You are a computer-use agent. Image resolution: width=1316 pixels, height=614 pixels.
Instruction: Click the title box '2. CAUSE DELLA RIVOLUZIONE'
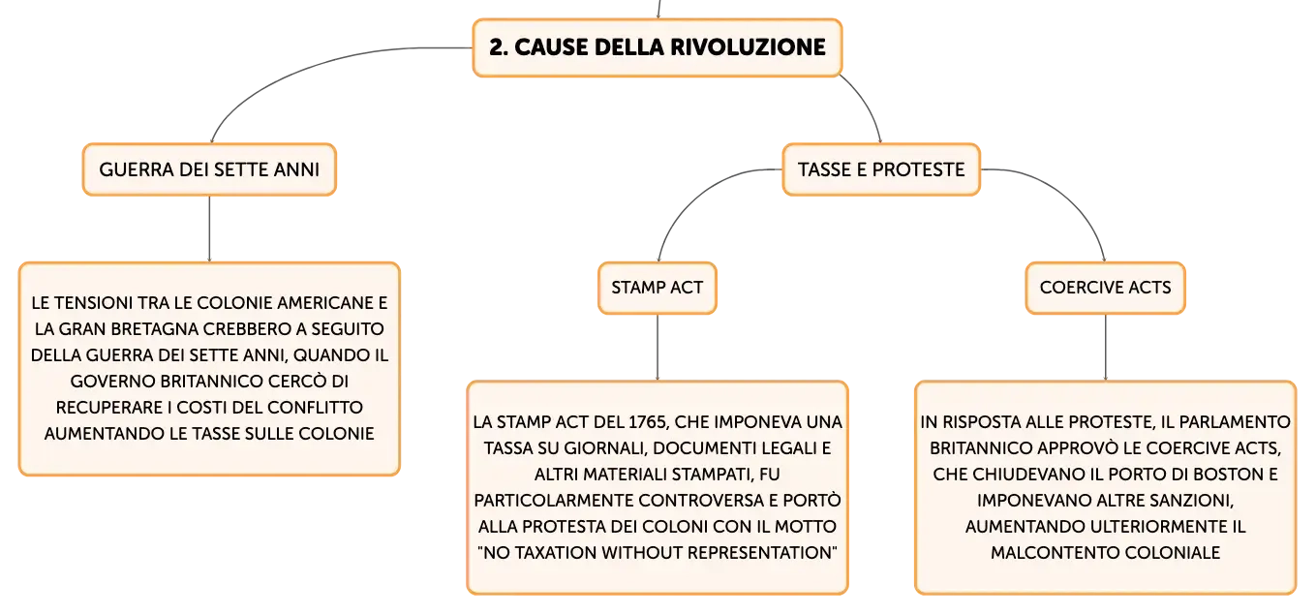658,47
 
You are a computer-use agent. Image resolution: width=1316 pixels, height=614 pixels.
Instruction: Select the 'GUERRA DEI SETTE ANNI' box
209,169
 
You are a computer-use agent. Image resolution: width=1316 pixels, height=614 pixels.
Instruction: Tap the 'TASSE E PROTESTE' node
881,169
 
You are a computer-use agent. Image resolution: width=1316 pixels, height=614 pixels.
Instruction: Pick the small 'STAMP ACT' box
658,288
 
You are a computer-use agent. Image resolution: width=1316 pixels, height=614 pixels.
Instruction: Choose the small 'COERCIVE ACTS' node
1105,288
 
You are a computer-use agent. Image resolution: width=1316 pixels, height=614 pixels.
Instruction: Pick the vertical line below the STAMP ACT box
658,348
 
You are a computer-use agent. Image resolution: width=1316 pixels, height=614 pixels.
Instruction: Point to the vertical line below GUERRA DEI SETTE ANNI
209,229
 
